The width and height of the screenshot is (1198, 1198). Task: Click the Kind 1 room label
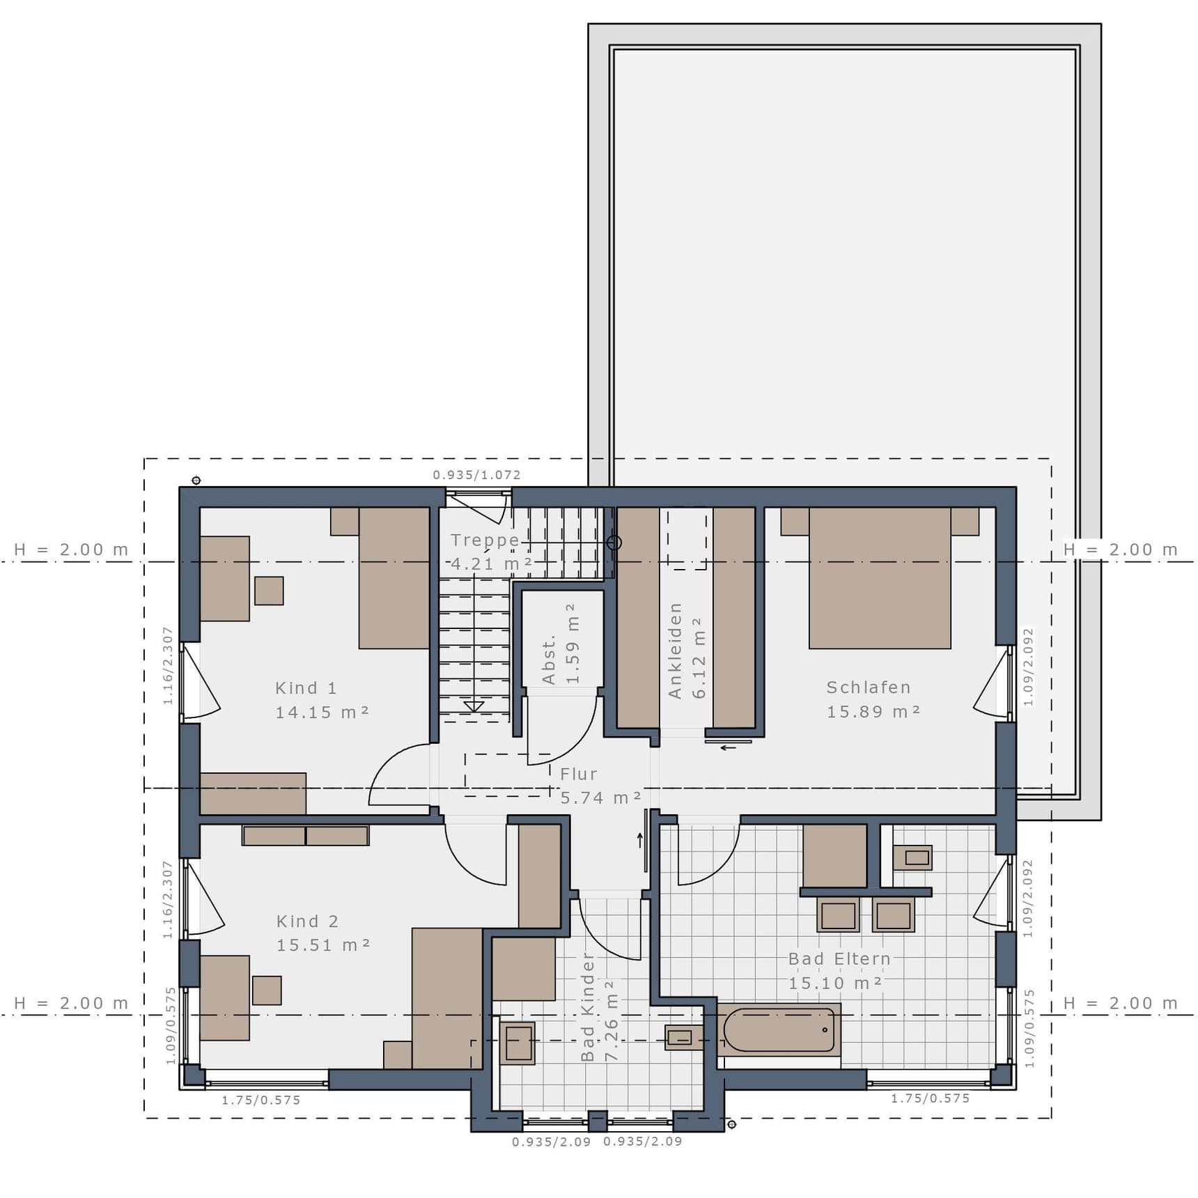point(306,688)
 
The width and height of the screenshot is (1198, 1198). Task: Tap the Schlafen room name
point(869,687)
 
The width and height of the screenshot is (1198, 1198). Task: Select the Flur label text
point(579,774)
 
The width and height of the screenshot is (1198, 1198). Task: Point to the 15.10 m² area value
point(835,983)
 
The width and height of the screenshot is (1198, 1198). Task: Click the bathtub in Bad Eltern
point(779,1029)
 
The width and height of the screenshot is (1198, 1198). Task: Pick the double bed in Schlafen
point(880,578)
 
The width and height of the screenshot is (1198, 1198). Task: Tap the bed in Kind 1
point(394,578)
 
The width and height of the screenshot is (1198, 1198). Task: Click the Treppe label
point(485,540)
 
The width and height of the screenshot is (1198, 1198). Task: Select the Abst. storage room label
point(549,659)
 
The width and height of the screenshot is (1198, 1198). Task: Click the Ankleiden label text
point(674,651)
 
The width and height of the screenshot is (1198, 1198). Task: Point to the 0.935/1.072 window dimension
point(477,475)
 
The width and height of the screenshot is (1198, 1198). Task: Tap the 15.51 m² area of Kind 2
point(323,945)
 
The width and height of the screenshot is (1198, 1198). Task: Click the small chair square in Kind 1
point(269,591)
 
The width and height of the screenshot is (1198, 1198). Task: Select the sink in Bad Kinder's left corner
point(518,1043)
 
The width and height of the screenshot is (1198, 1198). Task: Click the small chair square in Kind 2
point(267,990)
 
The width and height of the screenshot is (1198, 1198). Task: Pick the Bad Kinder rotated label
point(588,1007)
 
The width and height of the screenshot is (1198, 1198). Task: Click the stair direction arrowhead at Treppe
point(474,707)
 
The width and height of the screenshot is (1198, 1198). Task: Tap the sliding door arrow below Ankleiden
point(729,748)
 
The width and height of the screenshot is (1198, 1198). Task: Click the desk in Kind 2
point(224,998)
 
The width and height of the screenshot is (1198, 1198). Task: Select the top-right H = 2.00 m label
point(1120,550)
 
